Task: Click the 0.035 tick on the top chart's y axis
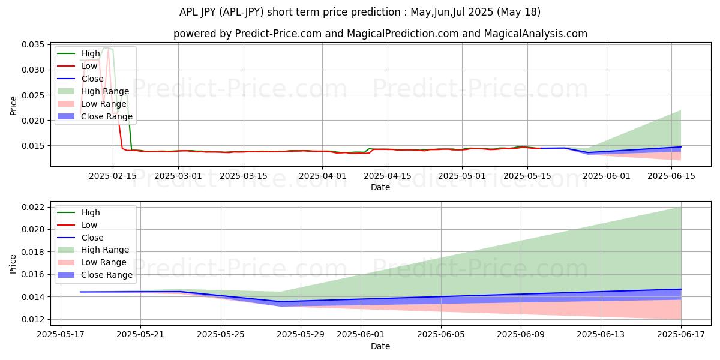(x=34, y=45)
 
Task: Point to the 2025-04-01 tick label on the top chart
(x=323, y=176)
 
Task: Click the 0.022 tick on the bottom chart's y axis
(x=34, y=207)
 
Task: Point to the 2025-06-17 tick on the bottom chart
(x=681, y=335)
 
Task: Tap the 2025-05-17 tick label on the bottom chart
(x=61, y=335)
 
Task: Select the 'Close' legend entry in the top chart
(x=92, y=79)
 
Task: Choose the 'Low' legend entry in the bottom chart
(x=90, y=225)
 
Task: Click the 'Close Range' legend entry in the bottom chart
(x=107, y=275)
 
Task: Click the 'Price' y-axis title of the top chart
(x=13, y=106)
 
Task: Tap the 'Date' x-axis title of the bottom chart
(x=380, y=346)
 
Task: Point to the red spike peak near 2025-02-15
(x=108, y=50)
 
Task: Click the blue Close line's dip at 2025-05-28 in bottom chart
(x=280, y=302)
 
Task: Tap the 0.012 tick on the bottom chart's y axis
(x=34, y=319)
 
